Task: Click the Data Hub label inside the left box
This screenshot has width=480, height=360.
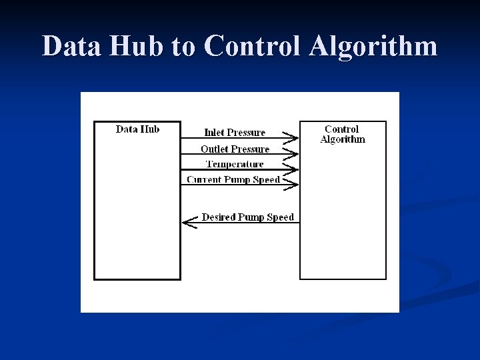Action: pyautogui.click(x=137, y=129)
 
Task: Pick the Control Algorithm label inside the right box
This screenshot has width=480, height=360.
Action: pyautogui.click(x=343, y=134)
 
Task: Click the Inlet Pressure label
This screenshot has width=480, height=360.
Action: pyautogui.click(x=235, y=133)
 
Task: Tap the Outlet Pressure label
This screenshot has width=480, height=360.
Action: pyautogui.click(x=235, y=149)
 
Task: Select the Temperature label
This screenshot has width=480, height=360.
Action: pyautogui.click(x=235, y=164)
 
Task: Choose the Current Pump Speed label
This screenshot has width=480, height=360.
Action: pyautogui.click(x=233, y=180)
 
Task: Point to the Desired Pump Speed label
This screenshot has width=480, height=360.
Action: pyautogui.click(x=247, y=217)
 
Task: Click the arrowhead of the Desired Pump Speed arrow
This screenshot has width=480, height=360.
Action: pyautogui.click(x=189, y=223)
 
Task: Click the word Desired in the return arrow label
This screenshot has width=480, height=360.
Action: pyautogui.click(x=217, y=217)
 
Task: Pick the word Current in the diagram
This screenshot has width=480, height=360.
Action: pyautogui.click(x=203, y=180)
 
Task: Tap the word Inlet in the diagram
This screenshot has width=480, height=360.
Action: pyautogui.click(x=214, y=133)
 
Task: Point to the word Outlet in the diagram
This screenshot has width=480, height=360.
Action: pyautogui.click(x=214, y=149)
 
